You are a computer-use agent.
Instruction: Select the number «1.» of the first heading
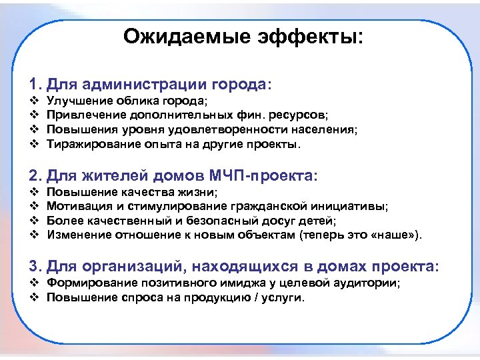coord(36,86)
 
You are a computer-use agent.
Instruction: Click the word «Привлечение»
coord(83,116)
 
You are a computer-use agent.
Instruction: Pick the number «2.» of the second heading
coord(36,177)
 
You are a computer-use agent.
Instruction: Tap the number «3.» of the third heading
coord(36,267)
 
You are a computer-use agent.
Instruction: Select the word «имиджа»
coord(251,283)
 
